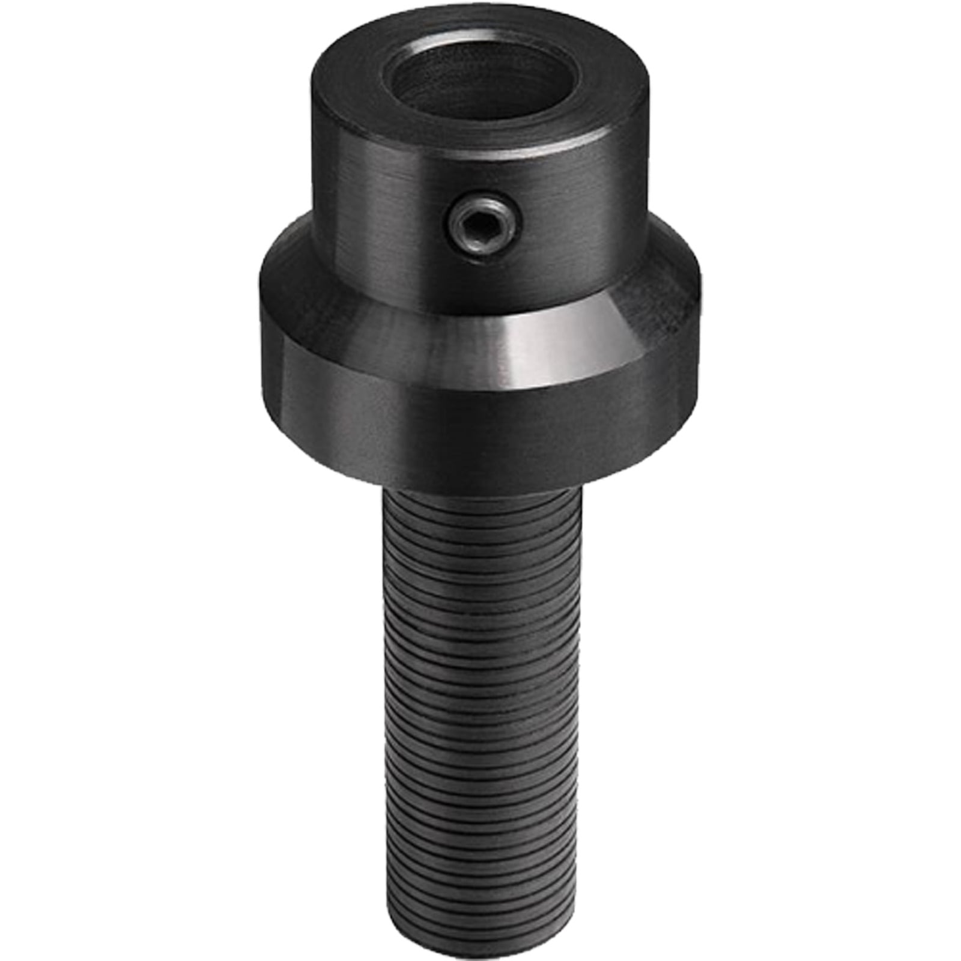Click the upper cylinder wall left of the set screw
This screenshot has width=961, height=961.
[x=372, y=198]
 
